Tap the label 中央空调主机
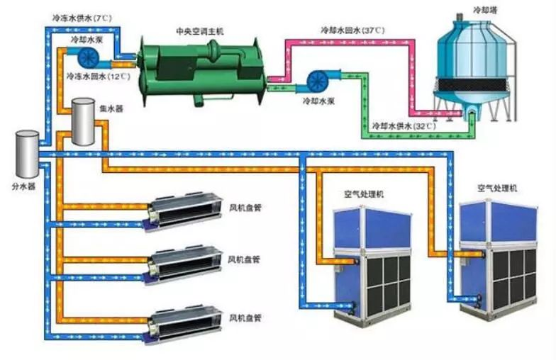[201, 31]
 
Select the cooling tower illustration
[473, 67]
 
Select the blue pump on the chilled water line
[89, 55]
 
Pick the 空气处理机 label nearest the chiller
[364, 193]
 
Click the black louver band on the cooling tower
[474, 84]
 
